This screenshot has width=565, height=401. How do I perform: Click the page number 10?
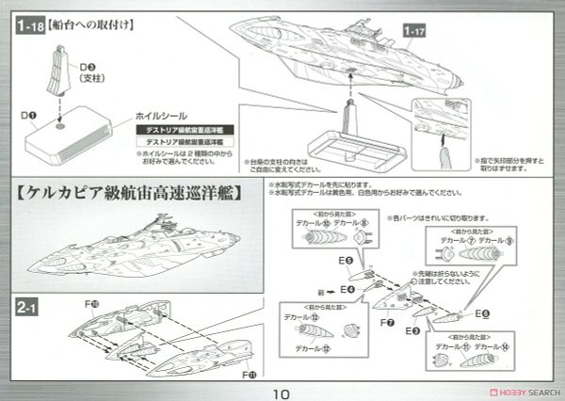(282, 386)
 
